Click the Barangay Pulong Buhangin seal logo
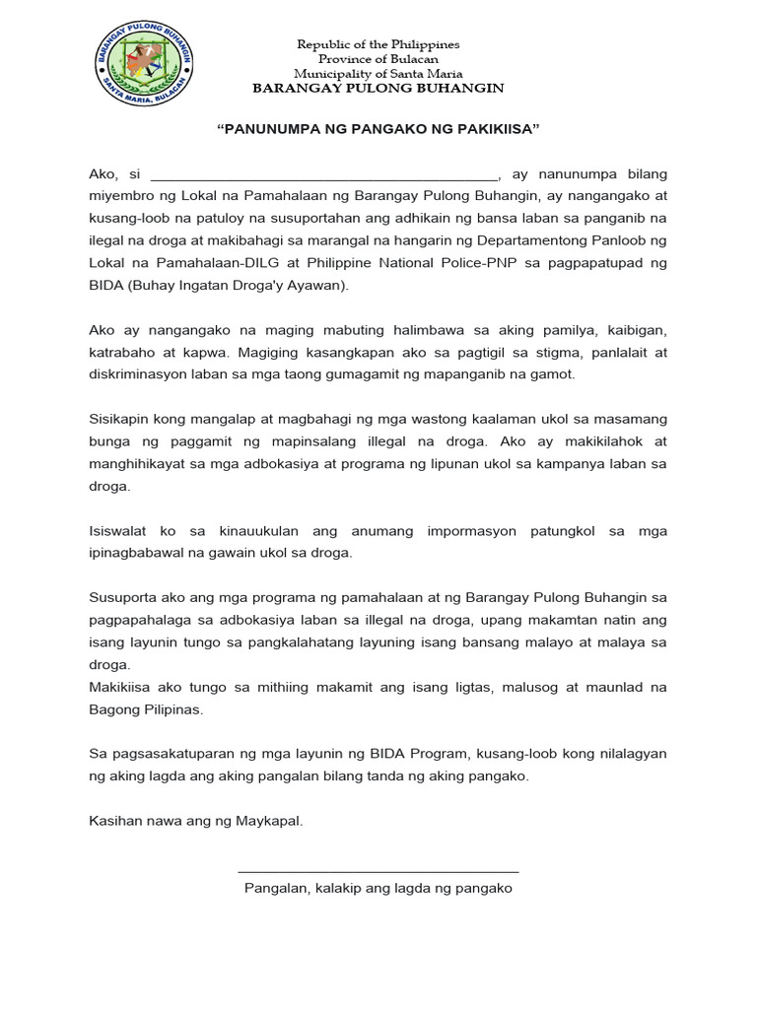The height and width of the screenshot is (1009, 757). (x=143, y=66)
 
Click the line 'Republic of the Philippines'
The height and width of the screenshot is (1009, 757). (x=378, y=44)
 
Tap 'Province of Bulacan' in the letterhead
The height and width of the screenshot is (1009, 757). (x=378, y=59)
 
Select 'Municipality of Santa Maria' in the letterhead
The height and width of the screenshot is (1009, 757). (x=378, y=74)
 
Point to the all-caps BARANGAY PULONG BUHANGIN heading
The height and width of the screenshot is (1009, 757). (x=378, y=89)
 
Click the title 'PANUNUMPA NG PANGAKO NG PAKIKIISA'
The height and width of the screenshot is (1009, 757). (x=378, y=129)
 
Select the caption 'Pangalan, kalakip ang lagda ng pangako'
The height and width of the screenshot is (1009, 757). (x=378, y=888)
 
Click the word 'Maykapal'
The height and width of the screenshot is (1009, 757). (x=268, y=820)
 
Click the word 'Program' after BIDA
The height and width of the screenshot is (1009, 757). (x=444, y=754)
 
